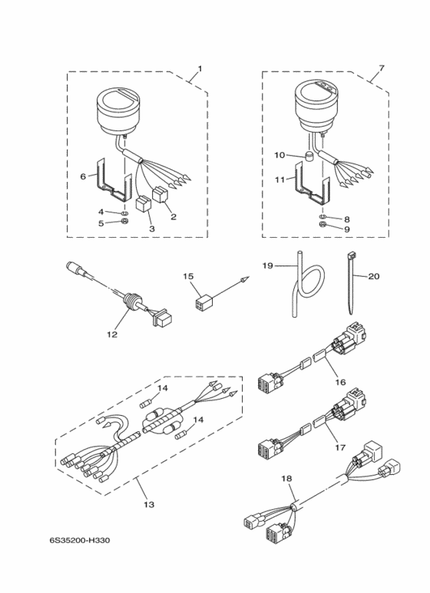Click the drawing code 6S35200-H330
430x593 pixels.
coord(80,540)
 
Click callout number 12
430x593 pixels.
coord(112,334)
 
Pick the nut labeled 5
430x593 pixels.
coord(124,222)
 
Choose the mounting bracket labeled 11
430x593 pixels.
coord(311,183)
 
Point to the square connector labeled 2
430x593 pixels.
coord(160,196)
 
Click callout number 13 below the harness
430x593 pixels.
coord(149,504)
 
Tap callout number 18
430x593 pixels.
coord(286,479)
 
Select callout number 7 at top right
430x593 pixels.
coord(381,68)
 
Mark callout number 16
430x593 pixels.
coord(340,382)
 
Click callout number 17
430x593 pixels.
coord(340,447)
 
